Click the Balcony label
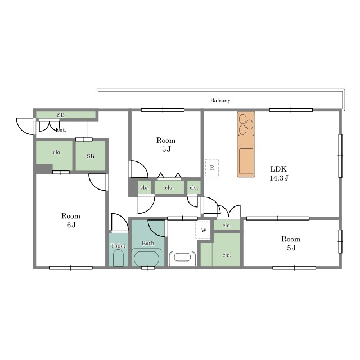[x=220, y=100]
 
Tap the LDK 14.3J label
[x=279, y=173]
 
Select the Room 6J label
[x=71, y=220]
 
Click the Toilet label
[x=118, y=246]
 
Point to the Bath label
[x=148, y=243]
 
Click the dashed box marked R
[x=212, y=168]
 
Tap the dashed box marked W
[x=203, y=230]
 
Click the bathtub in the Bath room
[x=146, y=259]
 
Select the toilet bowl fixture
[x=118, y=258]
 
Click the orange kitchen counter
[x=246, y=145]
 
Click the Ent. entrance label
[x=61, y=130]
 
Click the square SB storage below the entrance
[x=91, y=156]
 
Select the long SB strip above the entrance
[x=66, y=115]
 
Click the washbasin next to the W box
[x=182, y=258]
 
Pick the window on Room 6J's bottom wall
[x=71, y=268]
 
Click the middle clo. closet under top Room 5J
[x=169, y=187]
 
